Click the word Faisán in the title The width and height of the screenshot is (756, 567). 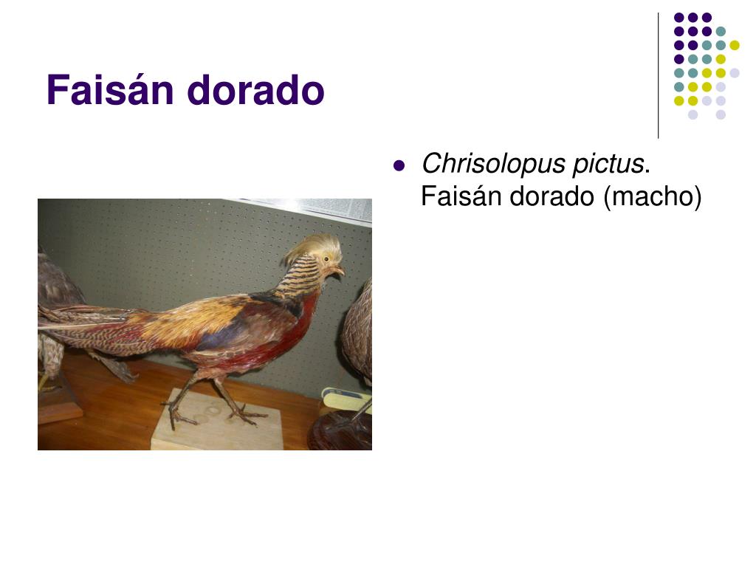pyautogui.click(x=110, y=89)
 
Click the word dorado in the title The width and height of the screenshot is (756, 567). pyautogui.click(x=255, y=89)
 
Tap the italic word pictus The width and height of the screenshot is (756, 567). pyautogui.click(x=608, y=164)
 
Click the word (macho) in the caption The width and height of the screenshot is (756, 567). pyautogui.click(x=653, y=196)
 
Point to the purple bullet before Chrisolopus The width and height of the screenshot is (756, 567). pyautogui.click(x=399, y=166)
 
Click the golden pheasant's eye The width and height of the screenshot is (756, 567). pyautogui.click(x=327, y=259)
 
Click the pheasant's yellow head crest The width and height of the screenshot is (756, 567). pyautogui.click(x=316, y=247)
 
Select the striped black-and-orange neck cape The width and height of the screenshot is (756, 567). pyautogui.click(x=300, y=278)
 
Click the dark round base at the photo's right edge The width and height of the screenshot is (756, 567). pyautogui.click(x=340, y=430)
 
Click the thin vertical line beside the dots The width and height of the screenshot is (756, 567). pyautogui.click(x=659, y=76)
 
